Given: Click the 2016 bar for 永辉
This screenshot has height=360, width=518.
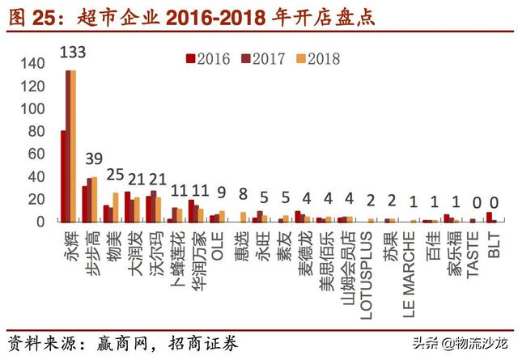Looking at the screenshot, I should [x=64, y=176].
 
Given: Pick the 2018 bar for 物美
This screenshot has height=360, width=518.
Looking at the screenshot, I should [x=116, y=206].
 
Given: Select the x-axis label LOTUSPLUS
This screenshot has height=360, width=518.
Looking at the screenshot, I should [x=368, y=267].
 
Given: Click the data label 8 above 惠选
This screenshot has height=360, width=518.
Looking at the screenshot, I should [x=242, y=193].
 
